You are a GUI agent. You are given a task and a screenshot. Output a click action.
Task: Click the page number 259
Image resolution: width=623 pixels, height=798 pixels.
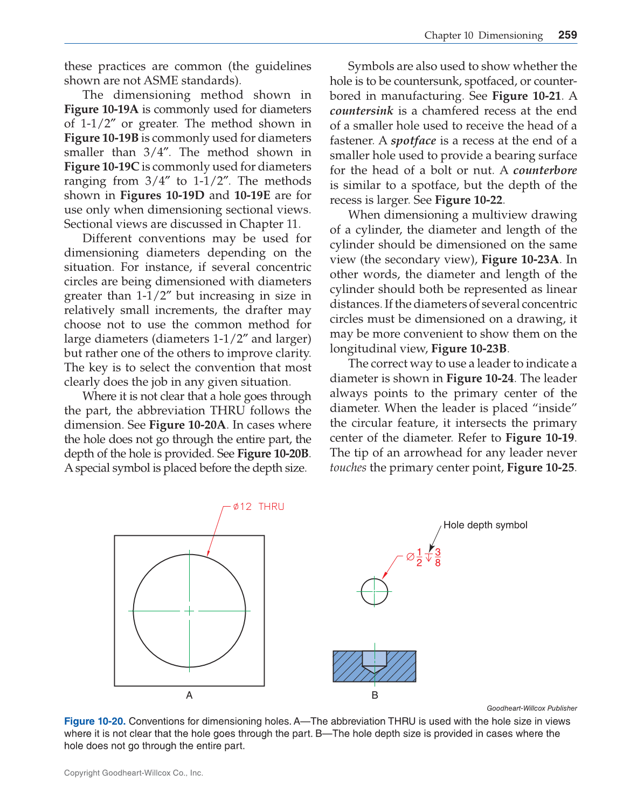point(567,35)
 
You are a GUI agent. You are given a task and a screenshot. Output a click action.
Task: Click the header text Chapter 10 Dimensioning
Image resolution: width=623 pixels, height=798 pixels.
point(483,36)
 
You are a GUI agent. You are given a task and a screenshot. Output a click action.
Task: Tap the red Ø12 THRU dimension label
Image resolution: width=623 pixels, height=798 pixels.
point(258,507)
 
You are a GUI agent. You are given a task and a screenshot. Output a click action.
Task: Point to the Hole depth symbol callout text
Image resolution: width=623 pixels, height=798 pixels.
point(485,525)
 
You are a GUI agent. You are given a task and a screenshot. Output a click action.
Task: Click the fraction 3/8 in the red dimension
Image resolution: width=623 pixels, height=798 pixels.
point(438,557)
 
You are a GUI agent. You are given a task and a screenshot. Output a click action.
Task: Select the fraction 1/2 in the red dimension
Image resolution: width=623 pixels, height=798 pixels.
point(419,557)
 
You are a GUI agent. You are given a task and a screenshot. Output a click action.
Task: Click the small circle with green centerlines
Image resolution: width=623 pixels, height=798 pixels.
point(374,591)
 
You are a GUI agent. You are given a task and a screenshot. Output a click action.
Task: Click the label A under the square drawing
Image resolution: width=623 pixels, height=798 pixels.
point(189,695)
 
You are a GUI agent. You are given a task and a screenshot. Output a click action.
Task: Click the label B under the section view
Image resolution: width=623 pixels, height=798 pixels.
point(375,695)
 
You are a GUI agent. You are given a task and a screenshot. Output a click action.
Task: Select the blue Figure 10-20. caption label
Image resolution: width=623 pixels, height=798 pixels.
point(95,721)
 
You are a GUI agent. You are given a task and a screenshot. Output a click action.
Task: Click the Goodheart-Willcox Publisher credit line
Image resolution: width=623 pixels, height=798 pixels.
point(531,708)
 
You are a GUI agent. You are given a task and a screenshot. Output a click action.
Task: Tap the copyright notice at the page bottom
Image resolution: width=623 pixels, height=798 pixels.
point(134,773)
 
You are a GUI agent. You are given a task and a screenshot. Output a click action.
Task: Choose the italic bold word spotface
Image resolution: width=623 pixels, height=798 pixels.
point(413,141)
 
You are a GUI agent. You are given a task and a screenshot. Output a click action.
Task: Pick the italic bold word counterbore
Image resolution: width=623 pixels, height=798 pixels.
point(545,170)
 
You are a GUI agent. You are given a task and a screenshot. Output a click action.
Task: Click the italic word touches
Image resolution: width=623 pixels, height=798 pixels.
point(348,468)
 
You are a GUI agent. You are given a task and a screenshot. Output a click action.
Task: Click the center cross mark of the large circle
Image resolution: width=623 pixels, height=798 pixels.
point(189,611)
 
